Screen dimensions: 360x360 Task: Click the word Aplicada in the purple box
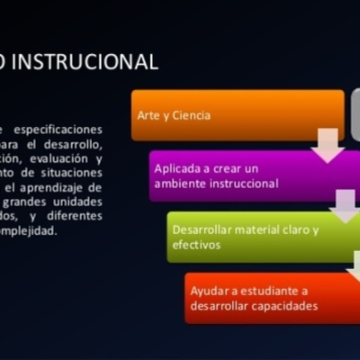[176, 168]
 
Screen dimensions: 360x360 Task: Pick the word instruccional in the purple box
[243, 183]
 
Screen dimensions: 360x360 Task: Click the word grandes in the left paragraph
[55, 202]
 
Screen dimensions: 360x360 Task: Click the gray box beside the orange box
[355, 115]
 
